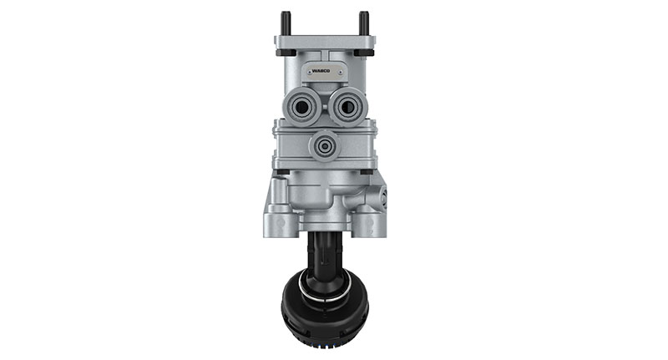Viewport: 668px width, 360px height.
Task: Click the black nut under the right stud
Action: point(364,51)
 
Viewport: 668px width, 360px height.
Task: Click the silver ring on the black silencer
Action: point(324,293)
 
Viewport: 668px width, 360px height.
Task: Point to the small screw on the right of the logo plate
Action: point(344,72)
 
